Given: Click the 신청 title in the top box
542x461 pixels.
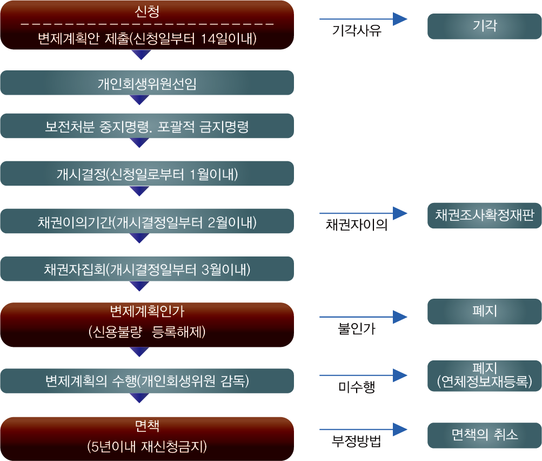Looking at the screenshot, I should point(147,11).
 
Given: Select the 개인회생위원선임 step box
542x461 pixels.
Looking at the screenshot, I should point(147,83).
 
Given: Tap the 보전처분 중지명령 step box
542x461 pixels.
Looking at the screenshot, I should point(147,127).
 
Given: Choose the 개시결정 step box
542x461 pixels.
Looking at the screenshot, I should point(147,174).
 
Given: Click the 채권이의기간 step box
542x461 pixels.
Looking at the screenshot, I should point(147,222).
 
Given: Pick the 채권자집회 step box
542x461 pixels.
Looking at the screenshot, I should point(147,269).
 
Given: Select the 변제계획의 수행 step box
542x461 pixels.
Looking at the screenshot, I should point(147,381).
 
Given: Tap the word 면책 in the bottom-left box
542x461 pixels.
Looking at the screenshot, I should point(147,424).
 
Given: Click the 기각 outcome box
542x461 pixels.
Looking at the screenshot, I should point(484,26).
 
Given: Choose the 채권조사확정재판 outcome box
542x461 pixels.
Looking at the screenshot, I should point(484,215).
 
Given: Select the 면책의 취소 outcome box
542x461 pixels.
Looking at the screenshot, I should point(484,435).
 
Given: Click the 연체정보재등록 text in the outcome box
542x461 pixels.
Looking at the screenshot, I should point(484,381).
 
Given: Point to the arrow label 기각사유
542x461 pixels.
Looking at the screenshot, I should point(357,31).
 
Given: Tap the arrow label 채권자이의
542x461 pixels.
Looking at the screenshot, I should point(357,225).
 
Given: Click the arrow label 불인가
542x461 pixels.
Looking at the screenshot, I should point(357,329).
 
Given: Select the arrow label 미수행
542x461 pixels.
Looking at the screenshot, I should point(357,387).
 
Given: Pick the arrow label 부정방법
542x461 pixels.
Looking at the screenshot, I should point(357,442).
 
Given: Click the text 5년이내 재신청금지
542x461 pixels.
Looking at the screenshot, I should point(147,447).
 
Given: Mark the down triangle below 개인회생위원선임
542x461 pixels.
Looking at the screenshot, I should point(140,100).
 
